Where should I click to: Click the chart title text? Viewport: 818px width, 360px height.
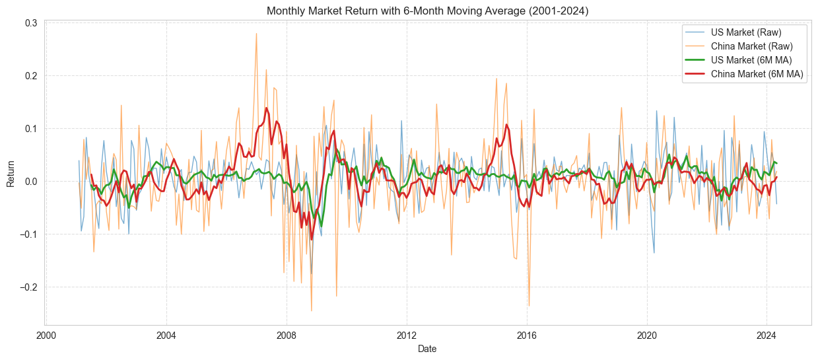[427, 11]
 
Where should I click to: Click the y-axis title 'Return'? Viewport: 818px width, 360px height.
[11, 173]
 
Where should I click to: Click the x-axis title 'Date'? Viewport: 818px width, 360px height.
[427, 349]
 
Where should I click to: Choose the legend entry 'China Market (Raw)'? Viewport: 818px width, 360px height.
[752, 46]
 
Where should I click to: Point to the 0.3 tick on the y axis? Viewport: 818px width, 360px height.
[31, 23]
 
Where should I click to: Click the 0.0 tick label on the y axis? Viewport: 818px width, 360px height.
[31, 182]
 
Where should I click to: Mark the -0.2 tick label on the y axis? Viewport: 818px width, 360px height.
[28, 287]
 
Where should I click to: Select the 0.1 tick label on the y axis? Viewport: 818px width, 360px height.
[31, 129]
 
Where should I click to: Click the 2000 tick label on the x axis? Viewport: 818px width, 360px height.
[46, 334]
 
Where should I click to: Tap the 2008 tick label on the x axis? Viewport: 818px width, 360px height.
[287, 334]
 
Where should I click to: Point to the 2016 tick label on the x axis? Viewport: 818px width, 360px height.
[527, 334]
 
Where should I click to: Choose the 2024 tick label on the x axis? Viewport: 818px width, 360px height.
[767, 334]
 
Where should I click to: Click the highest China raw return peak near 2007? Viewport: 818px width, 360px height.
[256, 33]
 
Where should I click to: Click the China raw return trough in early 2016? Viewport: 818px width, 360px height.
[529, 305]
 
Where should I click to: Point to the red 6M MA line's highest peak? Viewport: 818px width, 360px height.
[267, 108]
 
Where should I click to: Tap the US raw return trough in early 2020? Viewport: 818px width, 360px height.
[654, 253]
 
